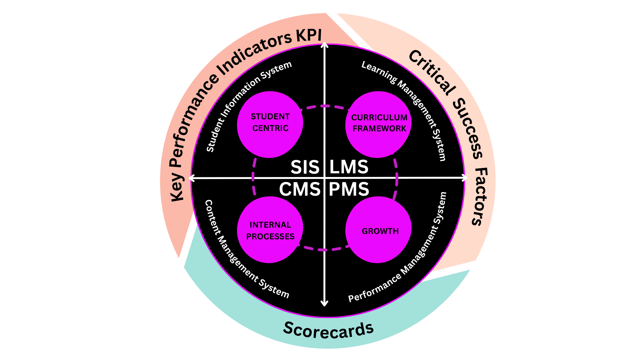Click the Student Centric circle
[x=270, y=124]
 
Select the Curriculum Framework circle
[x=378, y=124]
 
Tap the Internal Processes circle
[x=270, y=230]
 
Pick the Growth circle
[x=378, y=230]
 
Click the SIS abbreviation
[x=305, y=167]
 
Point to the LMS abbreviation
[x=349, y=167]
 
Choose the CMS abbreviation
[x=300, y=189]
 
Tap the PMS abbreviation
[x=349, y=189]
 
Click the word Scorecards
[x=328, y=330]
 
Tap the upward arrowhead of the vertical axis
[x=324, y=45]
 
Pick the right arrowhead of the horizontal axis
[x=465, y=178]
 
